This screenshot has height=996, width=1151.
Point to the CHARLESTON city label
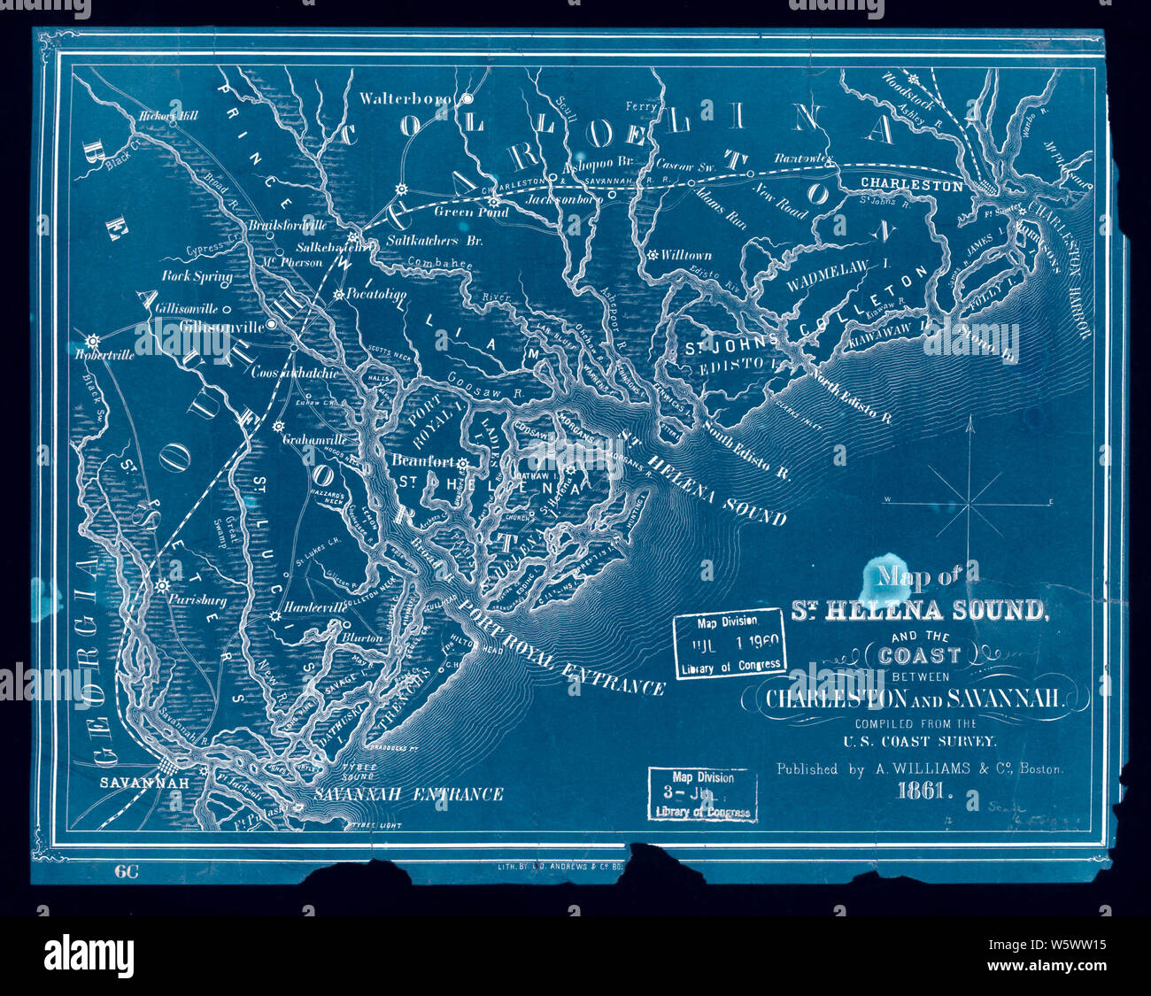(911, 186)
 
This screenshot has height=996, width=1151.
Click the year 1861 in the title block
(924, 793)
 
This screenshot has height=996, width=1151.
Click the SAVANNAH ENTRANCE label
(408, 794)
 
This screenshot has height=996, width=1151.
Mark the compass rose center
(971, 503)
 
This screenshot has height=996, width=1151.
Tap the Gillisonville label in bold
(221, 326)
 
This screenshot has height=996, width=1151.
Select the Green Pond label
(471, 212)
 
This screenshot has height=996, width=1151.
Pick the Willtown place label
(686, 255)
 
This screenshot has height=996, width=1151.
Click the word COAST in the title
(925, 655)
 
